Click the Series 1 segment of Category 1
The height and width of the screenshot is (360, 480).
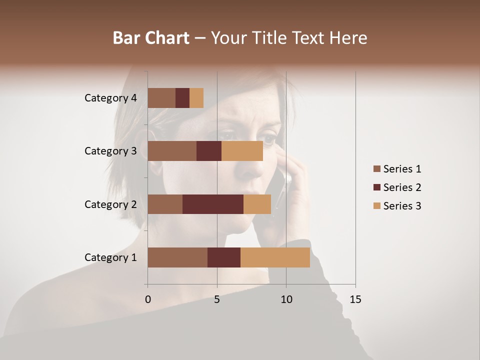coord(177,257)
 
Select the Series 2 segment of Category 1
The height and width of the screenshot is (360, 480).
coord(224,257)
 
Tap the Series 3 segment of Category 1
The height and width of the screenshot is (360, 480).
coord(275,257)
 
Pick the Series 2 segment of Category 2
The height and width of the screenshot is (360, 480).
coord(213,204)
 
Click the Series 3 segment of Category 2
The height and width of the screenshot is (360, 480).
coord(257,204)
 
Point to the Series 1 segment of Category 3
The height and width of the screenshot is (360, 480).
coord(172,151)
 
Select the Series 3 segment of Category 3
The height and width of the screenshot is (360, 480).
coord(242,151)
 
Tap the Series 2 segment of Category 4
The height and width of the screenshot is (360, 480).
coord(182,98)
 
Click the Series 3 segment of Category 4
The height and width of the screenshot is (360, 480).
coord(196,98)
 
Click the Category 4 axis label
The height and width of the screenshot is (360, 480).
coord(110,98)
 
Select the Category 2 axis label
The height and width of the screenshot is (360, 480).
coord(110,204)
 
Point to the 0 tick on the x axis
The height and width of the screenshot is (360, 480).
coord(147,299)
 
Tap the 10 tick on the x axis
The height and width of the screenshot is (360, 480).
coord(286,299)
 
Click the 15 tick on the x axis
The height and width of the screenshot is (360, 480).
coord(355,299)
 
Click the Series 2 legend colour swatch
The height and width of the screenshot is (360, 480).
coord(376,187)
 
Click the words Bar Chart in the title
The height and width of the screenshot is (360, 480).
coord(151,37)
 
